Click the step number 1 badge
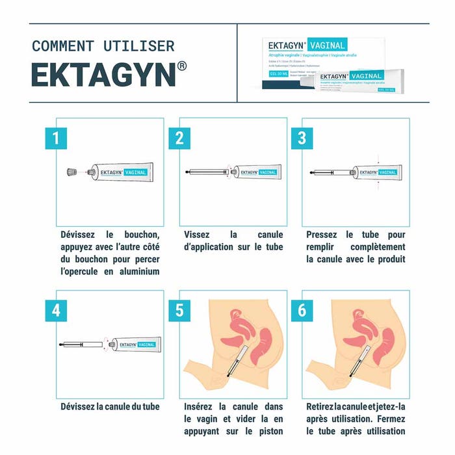pos(57,138)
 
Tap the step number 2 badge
pos(179,138)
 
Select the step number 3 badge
pos(302,138)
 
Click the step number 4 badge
pos(57,310)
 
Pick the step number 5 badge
pos(179,310)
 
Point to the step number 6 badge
pos(302,310)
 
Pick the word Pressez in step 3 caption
pos(322,235)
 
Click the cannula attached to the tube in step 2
pos(207,172)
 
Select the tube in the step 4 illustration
pos(134,344)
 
